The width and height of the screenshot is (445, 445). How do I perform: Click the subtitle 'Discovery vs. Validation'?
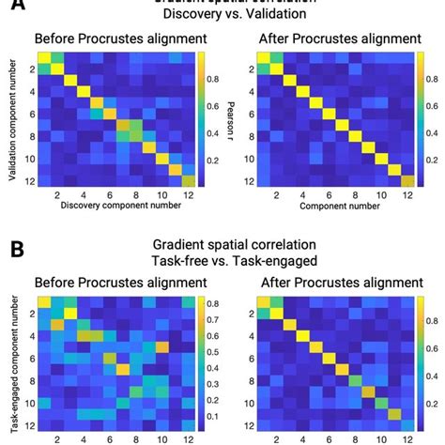pos(222,16)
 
